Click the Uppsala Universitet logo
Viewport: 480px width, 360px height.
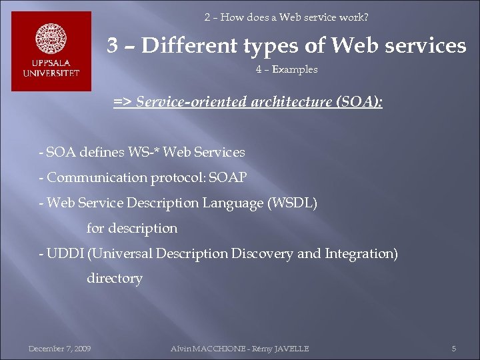tap(51, 51)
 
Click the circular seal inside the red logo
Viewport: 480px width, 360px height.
tap(51, 39)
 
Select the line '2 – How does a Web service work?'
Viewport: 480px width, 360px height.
tap(286, 17)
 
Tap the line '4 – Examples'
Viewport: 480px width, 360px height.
tap(287, 69)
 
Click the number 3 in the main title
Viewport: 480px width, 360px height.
tap(114, 45)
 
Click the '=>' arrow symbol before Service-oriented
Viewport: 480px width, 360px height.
tap(122, 102)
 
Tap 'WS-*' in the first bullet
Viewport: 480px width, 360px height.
tap(145, 153)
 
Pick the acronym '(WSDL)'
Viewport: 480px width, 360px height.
tap(292, 203)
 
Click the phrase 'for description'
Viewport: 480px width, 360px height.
tap(132, 229)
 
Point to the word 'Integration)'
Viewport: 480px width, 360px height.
tap(361, 254)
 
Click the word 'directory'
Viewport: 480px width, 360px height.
tap(115, 279)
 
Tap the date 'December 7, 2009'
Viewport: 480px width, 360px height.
tap(60, 348)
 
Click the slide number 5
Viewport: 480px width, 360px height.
tap(453, 348)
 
